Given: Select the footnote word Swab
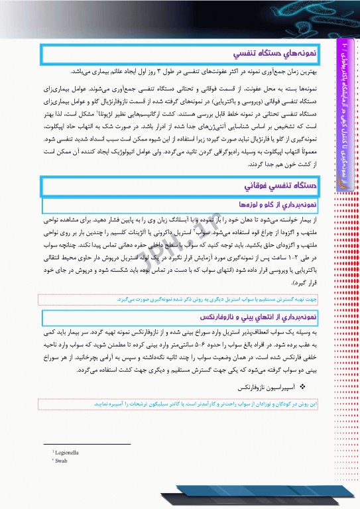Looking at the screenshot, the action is click(62, 459).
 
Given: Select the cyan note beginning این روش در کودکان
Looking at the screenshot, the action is click(199, 402).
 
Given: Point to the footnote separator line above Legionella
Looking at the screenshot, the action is click(87, 444).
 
